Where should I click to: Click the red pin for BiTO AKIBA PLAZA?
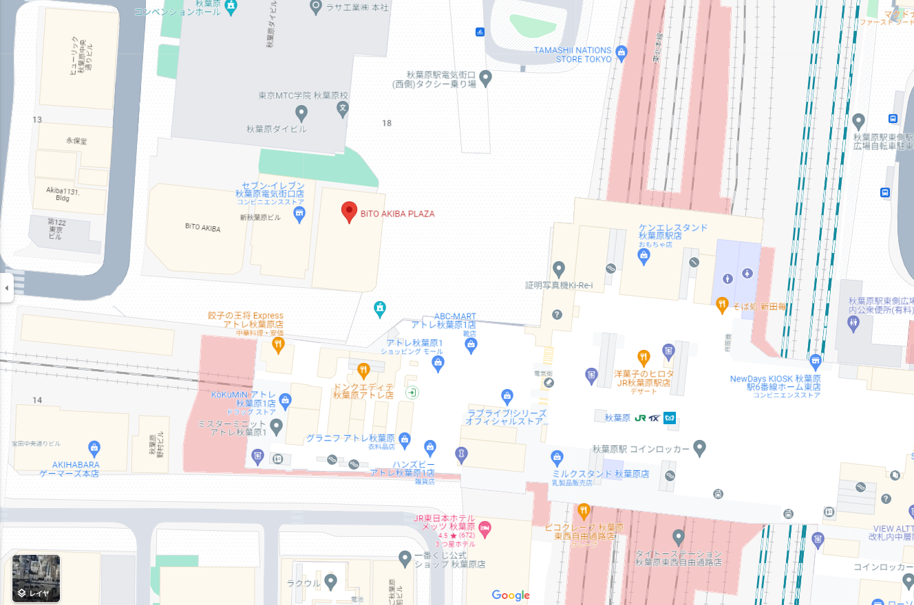pyautogui.click(x=350, y=212)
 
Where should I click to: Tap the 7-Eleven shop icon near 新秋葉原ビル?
pyautogui.click(x=299, y=215)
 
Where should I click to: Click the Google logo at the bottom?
pyautogui.click(x=511, y=595)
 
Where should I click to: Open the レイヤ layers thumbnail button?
pyautogui.click(x=36, y=578)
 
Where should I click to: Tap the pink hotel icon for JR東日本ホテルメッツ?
pyautogui.click(x=485, y=527)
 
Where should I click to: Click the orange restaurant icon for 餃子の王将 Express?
pyautogui.click(x=278, y=345)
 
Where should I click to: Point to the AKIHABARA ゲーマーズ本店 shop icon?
pyautogui.click(x=94, y=448)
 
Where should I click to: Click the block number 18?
pyautogui.click(x=387, y=123)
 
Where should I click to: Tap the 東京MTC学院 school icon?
pyautogui.click(x=343, y=109)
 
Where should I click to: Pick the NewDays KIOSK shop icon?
pyautogui.click(x=816, y=360)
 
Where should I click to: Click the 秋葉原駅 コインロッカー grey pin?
pyautogui.click(x=699, y=449)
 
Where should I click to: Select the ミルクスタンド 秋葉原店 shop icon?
pyautogui.click(x=557, y=456)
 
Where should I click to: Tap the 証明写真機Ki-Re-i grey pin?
pyautogui.click(x=559, y=269)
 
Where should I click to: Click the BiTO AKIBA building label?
pyautogui.click(x=202, y=228)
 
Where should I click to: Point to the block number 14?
pyautogui.click(x=37, y=400)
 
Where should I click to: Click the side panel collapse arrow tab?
pyautogui.click(x=6, y=287)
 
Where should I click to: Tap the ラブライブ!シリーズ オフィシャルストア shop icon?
pyautogui.click(x=507, y=396)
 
